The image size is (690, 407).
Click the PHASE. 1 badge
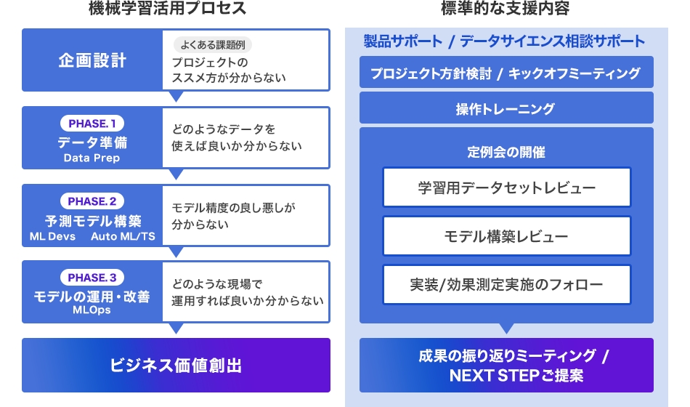coord(92,124)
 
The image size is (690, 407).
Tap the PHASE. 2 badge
coord(92,201)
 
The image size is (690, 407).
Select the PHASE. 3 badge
coord(92,277)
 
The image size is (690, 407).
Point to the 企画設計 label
coord(92,60)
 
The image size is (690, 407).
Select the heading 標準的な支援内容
coord(506,9)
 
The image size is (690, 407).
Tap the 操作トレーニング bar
coord(506,109)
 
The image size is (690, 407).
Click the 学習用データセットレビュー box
coord(506,188)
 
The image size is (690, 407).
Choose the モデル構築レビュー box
coord(506,236)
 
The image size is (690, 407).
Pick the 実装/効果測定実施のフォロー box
coord(506,285)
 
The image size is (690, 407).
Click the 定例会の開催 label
coord(506,153)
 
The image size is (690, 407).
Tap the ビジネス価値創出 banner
coord(176,365)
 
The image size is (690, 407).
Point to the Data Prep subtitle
coord(92,158)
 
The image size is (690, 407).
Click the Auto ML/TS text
coord(123,236)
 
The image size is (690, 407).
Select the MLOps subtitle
coord(92,310)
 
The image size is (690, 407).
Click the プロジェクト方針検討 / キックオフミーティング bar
coord(506,73)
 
